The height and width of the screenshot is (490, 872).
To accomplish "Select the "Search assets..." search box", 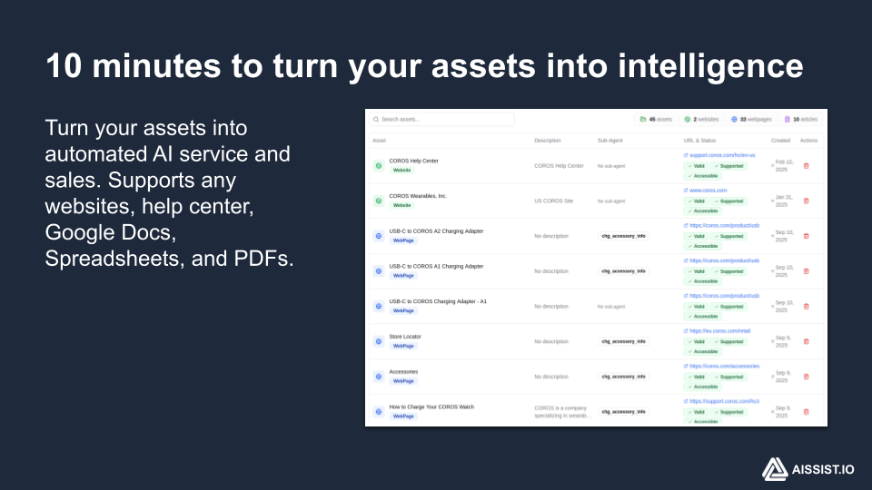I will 441,119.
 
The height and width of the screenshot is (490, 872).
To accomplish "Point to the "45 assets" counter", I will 656,119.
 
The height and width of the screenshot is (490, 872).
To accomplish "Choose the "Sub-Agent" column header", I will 610,141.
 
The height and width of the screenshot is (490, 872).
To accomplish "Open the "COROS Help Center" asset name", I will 413,161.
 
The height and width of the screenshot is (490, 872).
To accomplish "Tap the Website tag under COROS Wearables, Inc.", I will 401,205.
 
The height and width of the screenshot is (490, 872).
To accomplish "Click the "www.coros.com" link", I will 708,191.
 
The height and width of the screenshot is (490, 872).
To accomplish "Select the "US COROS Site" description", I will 554,201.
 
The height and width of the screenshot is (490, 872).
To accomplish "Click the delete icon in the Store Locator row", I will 806,341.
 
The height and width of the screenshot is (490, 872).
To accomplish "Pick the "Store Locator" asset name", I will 405,337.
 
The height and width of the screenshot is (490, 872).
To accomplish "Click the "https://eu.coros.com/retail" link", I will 719,331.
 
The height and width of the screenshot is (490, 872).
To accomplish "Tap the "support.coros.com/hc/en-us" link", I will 721,155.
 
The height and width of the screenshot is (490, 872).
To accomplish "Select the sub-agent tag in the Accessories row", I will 623,377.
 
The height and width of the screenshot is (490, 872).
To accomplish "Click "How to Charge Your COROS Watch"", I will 431,407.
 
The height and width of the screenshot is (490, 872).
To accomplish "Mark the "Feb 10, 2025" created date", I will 783,165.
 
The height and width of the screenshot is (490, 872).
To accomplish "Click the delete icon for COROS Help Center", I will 806,165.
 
